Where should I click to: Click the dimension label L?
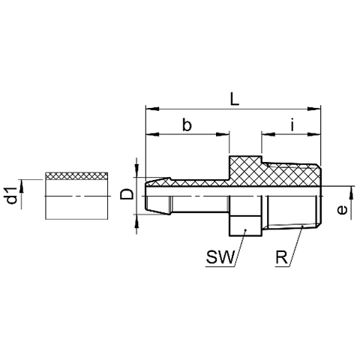click(235, 98)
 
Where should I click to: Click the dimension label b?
click(187, 124)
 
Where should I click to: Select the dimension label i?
click(292, 124)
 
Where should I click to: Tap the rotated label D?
click(127, 194)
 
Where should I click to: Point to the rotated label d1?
click(12, 195)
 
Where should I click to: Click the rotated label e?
click(342, 210)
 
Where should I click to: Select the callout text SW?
click(220, 256)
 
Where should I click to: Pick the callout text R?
click(281, 256)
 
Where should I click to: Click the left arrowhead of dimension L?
click(152, 109)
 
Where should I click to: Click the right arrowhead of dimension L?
click(313, 109)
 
